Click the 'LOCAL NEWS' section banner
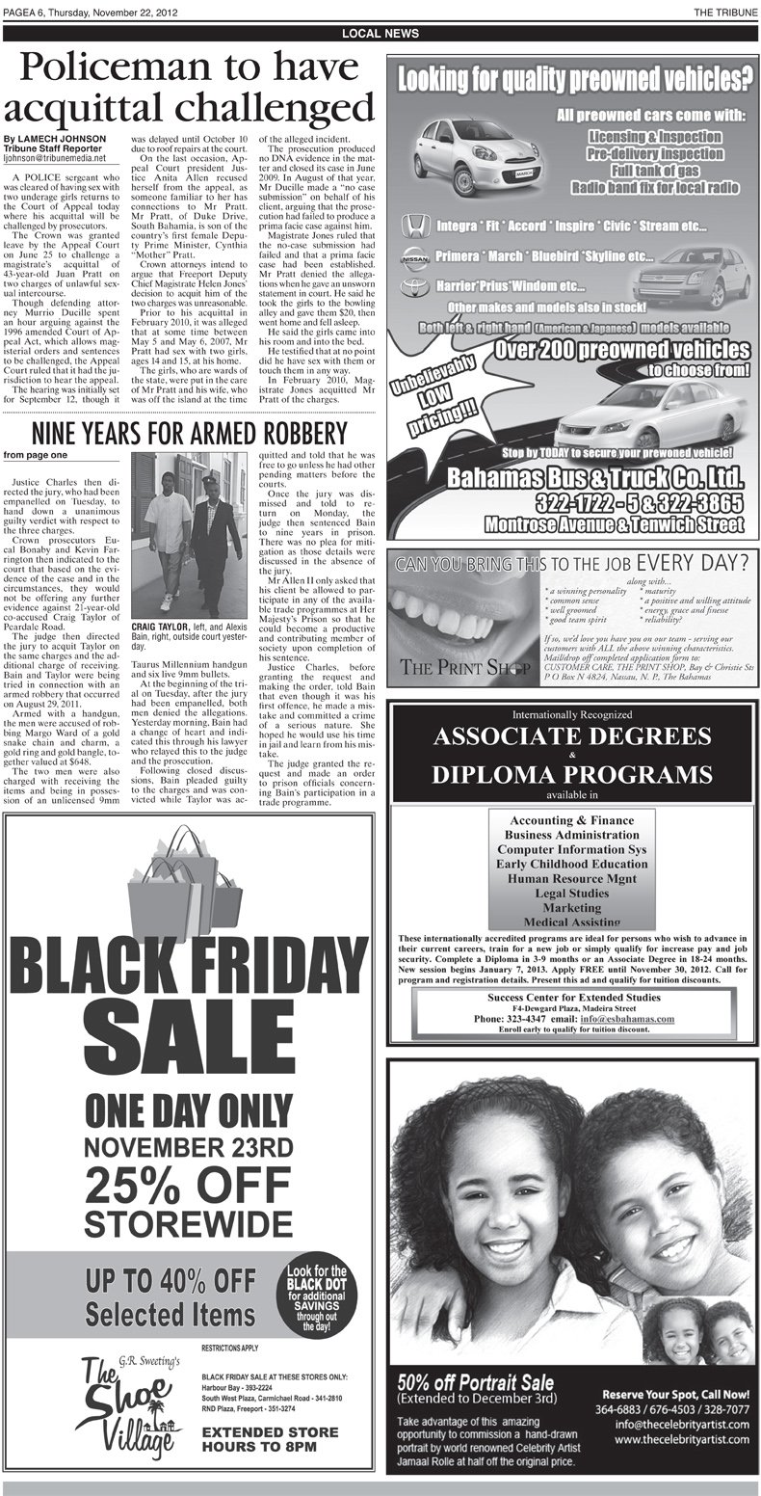point(380,34)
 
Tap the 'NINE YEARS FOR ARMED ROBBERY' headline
point(188,430)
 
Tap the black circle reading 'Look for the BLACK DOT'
point(316,1300)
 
